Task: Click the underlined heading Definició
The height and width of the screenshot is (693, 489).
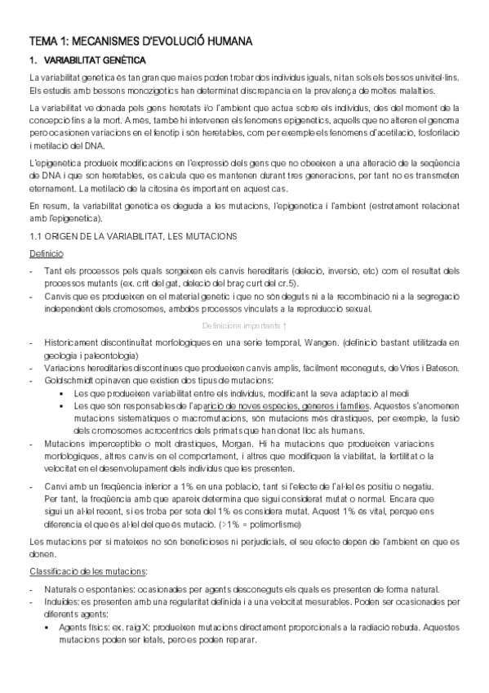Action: (45, 254)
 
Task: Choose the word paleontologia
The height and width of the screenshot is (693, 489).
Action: (109, 355)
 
